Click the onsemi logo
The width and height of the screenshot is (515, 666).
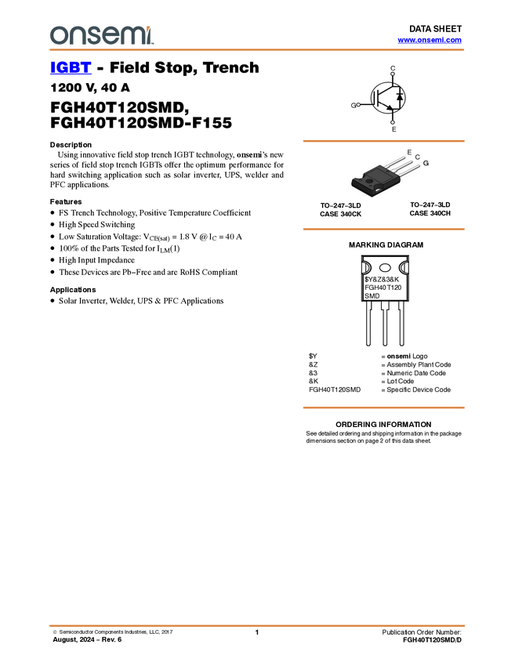coord(100,35)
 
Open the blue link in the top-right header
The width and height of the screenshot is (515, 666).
coord(430,40)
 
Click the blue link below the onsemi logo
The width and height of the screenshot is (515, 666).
coord(71,69)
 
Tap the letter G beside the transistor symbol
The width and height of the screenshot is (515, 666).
coord(354,104)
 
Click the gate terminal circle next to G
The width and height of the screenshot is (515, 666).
coord(359,104)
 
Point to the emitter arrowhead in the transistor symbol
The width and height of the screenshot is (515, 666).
coord(390,109)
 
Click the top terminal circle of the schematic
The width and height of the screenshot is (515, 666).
coord(393,71)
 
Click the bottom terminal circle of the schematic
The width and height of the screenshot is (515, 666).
coord(394,125)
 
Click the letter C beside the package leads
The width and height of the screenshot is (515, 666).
coord(417,157)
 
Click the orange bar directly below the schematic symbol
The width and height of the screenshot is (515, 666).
coord(383,141)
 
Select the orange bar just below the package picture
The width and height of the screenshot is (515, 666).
coord(383,229)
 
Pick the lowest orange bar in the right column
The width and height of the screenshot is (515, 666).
coord(383,407)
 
